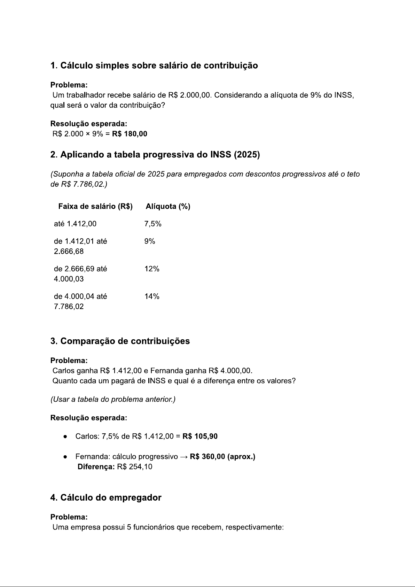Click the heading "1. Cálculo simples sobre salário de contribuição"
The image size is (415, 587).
154,65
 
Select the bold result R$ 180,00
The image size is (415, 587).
130,134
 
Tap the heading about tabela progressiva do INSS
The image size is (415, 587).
155,155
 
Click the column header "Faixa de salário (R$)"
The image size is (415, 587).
95,207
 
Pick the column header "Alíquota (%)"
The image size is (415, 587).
168,207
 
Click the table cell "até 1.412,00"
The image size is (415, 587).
75,224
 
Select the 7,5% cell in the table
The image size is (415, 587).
153,224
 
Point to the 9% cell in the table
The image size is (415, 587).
150,241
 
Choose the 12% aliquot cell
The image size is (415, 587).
152,269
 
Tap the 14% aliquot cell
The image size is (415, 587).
152,296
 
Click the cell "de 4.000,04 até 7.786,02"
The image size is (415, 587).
80,301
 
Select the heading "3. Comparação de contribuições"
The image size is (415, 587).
120,341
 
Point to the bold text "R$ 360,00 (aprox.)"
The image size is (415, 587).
222,457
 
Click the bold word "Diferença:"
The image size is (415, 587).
96,467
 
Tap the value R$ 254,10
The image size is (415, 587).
135,467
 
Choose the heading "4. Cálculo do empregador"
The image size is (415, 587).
106,497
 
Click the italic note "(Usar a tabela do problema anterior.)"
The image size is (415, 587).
113,399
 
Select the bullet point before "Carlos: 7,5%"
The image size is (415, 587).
65,437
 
